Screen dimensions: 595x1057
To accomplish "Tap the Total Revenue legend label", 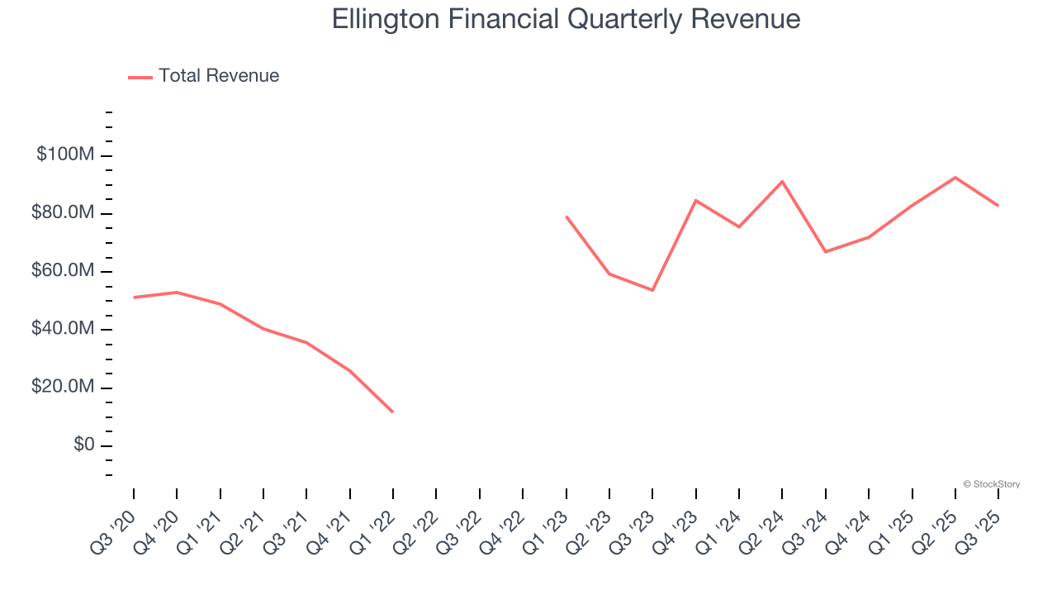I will (x=219, y=76).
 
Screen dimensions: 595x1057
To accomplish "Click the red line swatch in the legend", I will (x=140, y=77).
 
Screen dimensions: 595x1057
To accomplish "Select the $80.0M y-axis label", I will (x=64, y=213).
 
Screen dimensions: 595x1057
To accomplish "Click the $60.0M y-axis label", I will (x=64, y=271).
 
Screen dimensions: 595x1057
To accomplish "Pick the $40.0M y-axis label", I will (x=64, y=329).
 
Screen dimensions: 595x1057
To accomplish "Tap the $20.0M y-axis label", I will (x=64, y=387).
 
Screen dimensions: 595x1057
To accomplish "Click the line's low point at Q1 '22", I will (x=393, y=412).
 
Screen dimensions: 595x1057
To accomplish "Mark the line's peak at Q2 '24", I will (x=782, y=181).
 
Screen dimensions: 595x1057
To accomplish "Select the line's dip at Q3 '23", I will (x=652, y=290).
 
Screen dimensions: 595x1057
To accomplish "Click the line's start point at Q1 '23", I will (x=566, y=217).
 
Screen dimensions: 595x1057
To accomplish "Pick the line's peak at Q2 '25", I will (x=955, y=177).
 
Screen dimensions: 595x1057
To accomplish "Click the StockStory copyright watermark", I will (x=991, y=484).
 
